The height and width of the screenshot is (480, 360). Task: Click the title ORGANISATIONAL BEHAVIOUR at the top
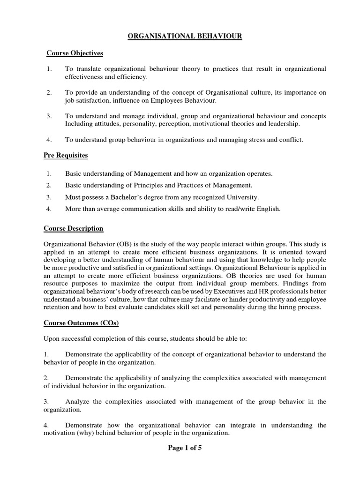point(185,37)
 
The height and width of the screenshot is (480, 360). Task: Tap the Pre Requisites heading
point(66,155)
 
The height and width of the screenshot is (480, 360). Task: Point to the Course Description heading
point(74,228)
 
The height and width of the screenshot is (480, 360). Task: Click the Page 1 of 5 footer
point(185,448)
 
